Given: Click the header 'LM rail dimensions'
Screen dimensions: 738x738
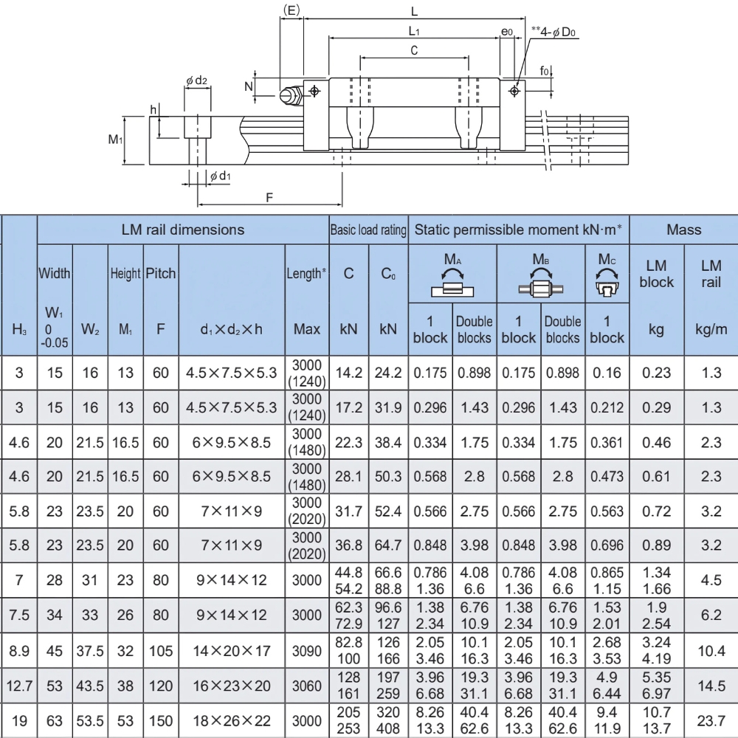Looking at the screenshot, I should click(x=182, y=230).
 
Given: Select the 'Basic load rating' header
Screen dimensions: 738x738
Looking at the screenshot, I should click(x=368, y=230).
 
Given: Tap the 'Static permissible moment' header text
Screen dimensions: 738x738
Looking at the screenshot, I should click(x=519, y=230).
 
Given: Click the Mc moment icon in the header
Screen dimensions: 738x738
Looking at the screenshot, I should click(x=607, y=276).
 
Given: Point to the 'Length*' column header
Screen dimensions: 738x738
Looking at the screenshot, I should click(x=306, y=274).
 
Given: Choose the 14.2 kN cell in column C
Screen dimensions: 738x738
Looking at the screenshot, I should click(x=349, y=373).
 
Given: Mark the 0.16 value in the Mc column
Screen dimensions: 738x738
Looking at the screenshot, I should click(x=607, y=373).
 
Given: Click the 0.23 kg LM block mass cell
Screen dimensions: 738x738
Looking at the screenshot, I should click(x=656, y=373).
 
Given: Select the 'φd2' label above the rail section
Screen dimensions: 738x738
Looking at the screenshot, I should click(x=196, y=80).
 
